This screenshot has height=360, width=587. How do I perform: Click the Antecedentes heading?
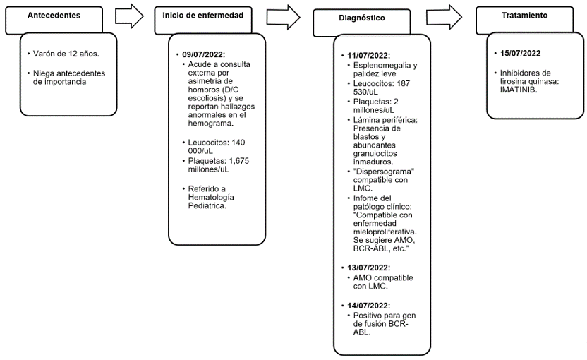pos(54,16)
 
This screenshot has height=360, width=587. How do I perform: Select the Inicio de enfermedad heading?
pos(203,16)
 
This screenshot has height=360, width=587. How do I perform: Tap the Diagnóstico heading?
pos(362,18)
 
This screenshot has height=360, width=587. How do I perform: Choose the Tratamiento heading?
pos(524,16)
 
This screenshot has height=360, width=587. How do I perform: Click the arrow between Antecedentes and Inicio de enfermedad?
pos(129,16)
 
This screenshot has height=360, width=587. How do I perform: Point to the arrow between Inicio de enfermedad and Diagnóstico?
pos(284,17)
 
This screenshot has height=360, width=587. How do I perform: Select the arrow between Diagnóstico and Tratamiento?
pos(444,17)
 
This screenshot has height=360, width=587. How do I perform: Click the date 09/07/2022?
pos(203,54)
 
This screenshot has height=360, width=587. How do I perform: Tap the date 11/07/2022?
pos(368,56)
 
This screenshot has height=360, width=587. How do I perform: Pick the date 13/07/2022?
pos(368,268)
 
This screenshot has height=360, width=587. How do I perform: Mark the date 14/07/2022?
pos(368,306)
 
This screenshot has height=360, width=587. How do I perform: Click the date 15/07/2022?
pos(521,53)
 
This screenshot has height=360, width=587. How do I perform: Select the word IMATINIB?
pos(518,90)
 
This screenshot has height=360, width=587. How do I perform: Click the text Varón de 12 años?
pos(66,54)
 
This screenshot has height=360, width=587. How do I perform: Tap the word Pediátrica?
pos(207,206)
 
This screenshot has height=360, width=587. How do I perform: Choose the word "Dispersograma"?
pos(384,172)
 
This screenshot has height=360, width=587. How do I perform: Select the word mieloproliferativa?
pos(385,232)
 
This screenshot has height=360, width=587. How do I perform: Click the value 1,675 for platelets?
pos(239,161)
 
